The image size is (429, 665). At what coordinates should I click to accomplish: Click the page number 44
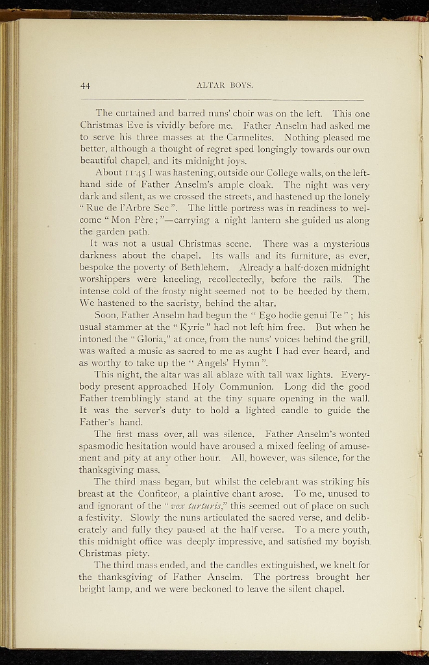point(85,85)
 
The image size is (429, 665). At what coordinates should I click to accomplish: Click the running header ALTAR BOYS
point(224,85)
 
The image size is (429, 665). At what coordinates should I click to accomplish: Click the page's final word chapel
point(323,589)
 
